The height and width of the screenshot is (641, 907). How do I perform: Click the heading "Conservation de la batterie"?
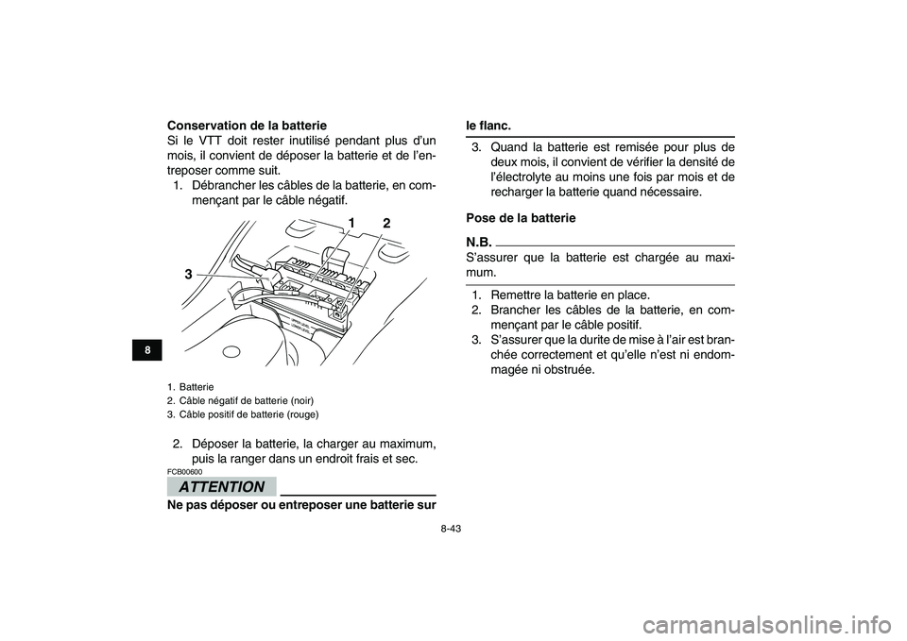coord(247,125)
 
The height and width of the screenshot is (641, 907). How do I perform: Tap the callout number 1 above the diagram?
coord(350,222)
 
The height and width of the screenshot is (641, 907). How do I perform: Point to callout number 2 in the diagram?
coord(385,223)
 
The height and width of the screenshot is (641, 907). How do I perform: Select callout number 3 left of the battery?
coord(189,274)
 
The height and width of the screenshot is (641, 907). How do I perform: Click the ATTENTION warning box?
coord(222,487)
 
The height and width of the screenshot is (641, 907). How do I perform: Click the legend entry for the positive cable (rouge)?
coord(242,414)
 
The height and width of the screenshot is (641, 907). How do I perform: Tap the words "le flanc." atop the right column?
coord(491,125)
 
